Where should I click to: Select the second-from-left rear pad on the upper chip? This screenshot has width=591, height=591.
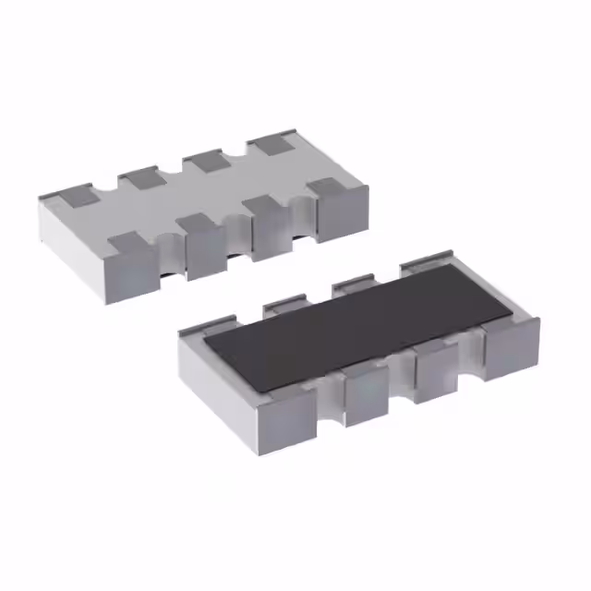pyautogui.click(x=140, y=177)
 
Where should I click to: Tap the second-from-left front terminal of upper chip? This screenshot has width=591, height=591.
pyautogui.click(x=202, y=241)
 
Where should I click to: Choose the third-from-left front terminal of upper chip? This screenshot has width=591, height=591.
pyautogui.click(x=270, y=223)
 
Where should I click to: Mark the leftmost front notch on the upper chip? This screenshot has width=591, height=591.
pyautogui.click(x=166, y=252)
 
